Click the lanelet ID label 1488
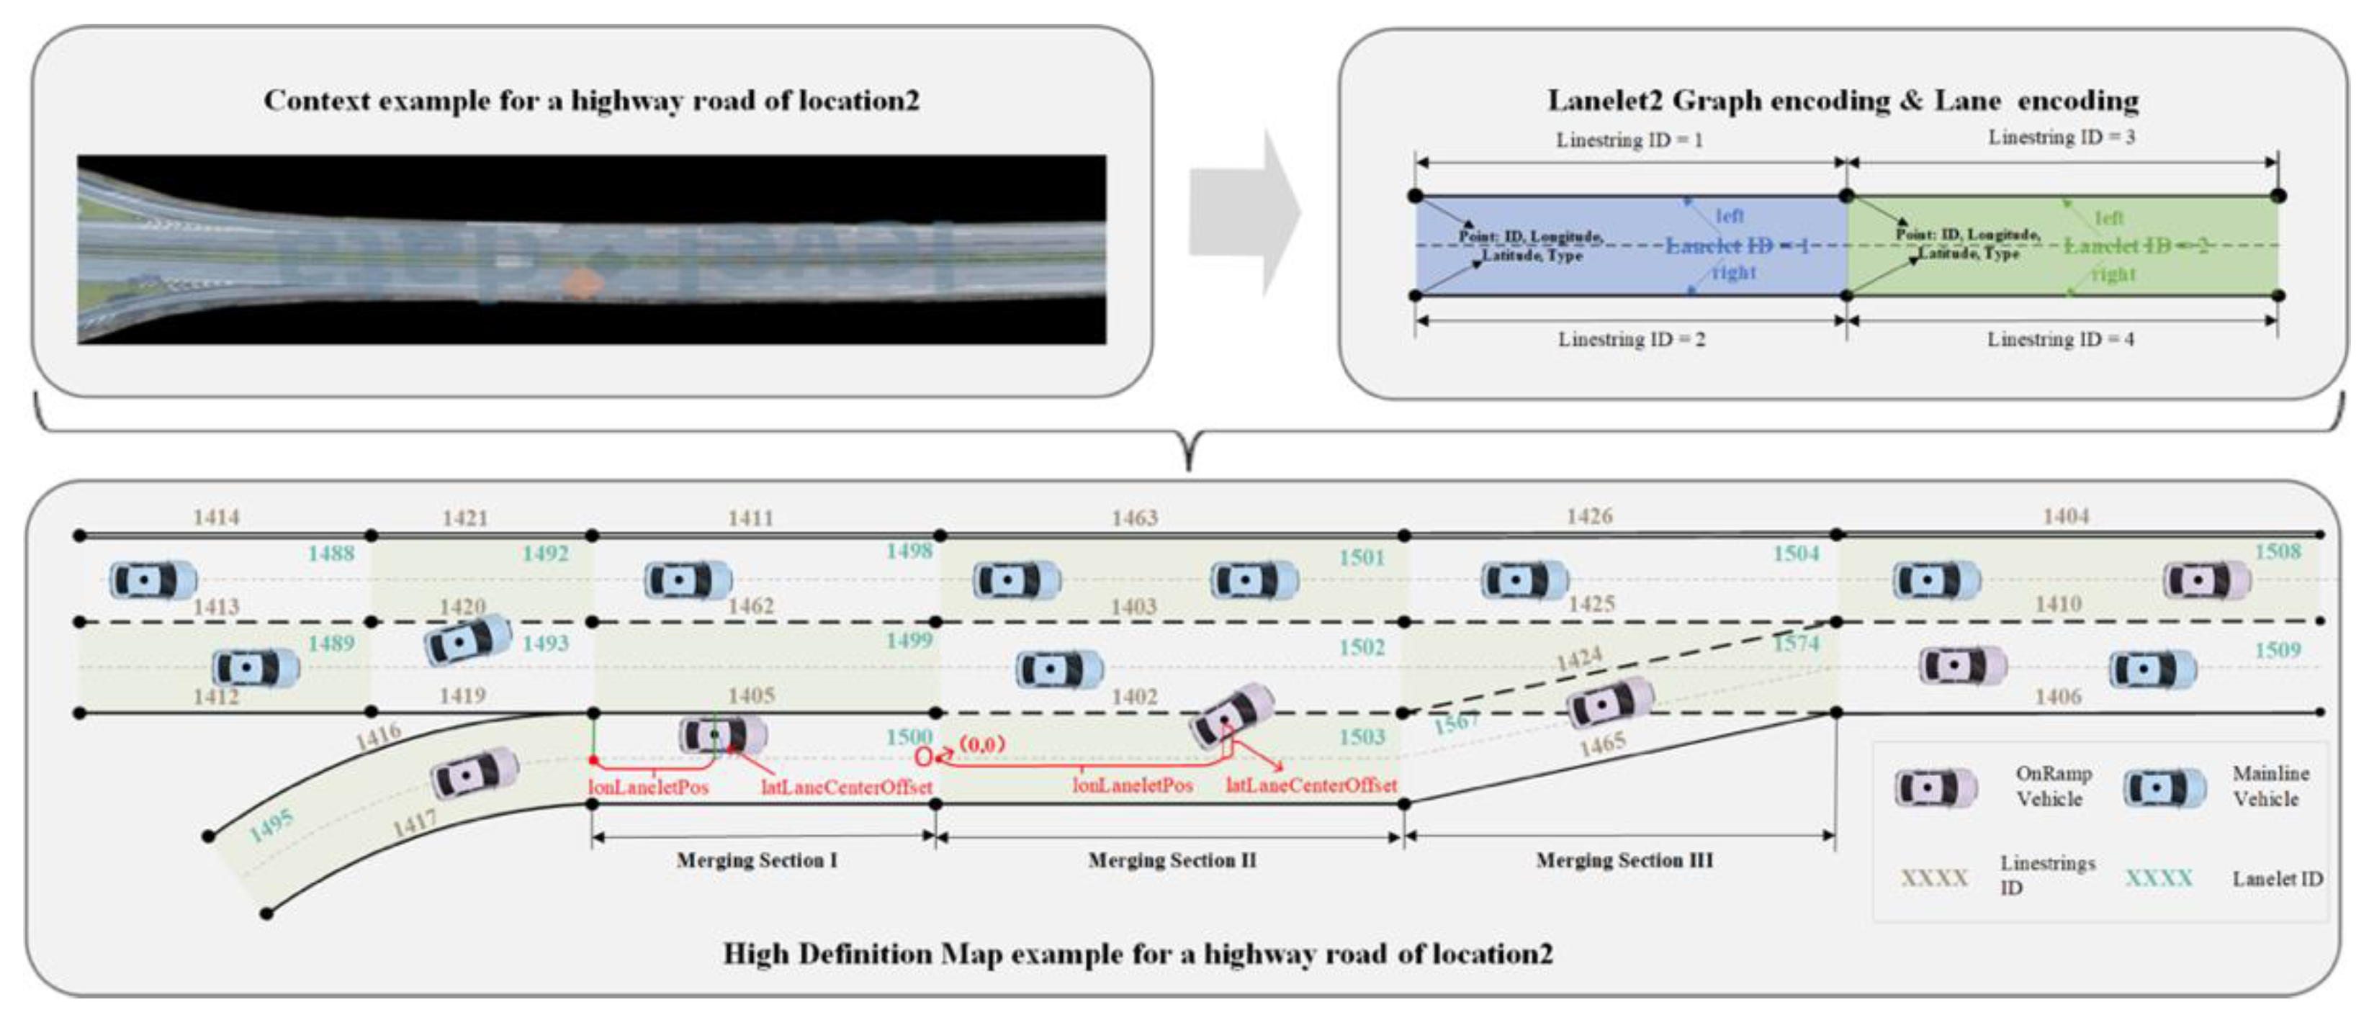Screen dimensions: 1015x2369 (x=331, y=554)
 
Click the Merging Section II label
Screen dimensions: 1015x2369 (x=1172, y=860)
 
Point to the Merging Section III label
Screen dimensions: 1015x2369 (x=1624, y=860)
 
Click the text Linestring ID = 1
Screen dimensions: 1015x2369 (x=1629, y=140)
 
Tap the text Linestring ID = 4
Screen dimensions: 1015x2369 (x=2060, y=339)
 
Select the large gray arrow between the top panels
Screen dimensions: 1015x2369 (x=1244, y=212)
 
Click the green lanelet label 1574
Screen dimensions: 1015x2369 (x=1796, y=644)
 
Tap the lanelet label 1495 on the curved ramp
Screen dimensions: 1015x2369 (x=272, y=825)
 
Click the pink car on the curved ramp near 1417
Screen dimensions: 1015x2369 (x=474, y=773)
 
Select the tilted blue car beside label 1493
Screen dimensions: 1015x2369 (x=467, y=640)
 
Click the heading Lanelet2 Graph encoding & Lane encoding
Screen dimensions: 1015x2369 (x=1842, y=100)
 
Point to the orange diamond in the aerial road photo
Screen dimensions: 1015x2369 (x=581, y=281)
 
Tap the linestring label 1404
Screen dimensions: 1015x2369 (x=2066, y=517)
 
